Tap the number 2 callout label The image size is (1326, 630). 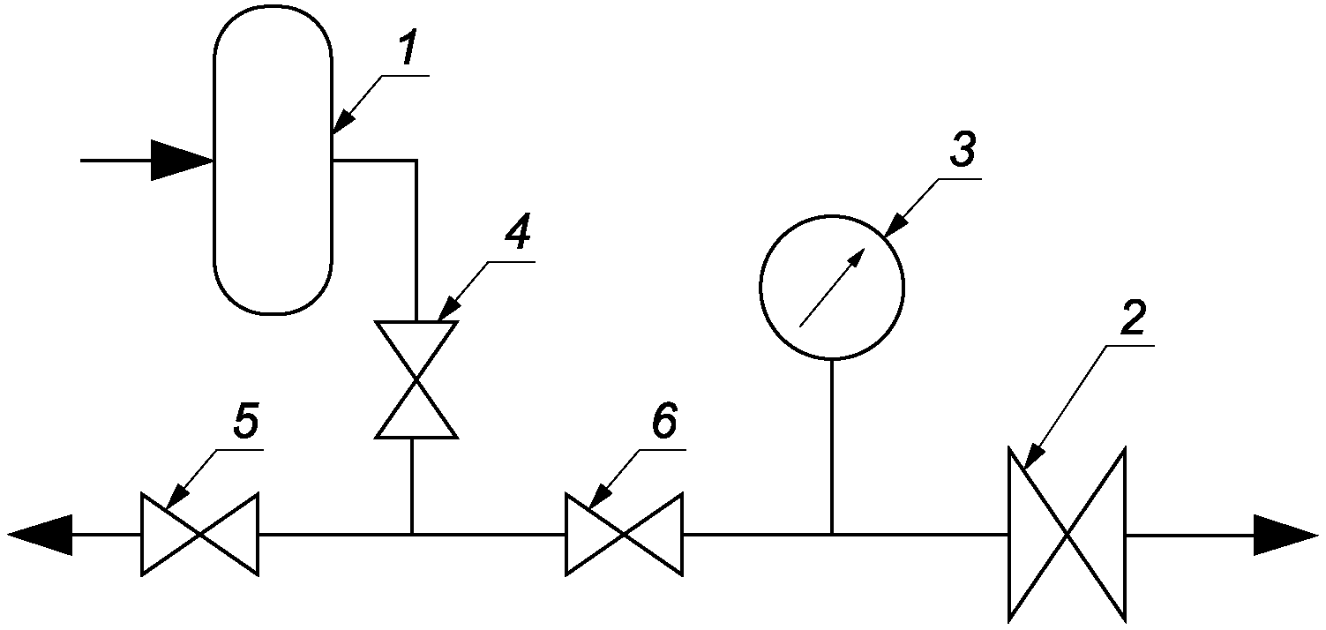1133,318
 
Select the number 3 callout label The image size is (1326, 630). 963,149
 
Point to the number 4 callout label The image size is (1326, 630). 519,233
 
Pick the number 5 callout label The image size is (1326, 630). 246,422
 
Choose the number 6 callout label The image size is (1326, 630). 663,422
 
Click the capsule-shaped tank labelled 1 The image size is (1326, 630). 273,159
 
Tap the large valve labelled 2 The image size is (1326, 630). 1067,535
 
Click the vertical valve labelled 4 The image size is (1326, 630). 416,379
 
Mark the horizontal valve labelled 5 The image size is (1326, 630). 200,535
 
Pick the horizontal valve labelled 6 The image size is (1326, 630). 624,535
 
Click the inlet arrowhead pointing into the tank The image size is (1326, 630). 182,160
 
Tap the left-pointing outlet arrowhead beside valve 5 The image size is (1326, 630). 41,535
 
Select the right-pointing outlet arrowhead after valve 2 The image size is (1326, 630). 1285,535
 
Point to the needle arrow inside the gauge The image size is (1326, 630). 832,288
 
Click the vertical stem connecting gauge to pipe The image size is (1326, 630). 832,447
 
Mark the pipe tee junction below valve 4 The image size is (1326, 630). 412,534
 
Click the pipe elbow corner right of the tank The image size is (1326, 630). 416,160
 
